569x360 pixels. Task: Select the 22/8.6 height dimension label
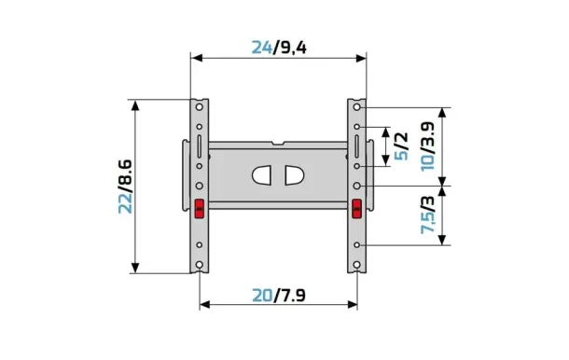coord(126,187)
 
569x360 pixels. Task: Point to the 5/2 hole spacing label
coord(401,145)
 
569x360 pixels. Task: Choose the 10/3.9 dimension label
coord(427,145)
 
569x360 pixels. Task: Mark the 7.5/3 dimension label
coord(427,215)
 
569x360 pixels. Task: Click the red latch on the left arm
coord(199,208)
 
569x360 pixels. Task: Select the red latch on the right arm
coord(357,208)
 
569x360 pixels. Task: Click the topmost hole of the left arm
coord(200,105)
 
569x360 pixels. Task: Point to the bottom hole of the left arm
coord(200,264)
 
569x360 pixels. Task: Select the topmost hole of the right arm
coord(357,105)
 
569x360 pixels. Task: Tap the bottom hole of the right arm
coord(357,264)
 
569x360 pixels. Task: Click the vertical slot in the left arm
coord(200,148)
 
